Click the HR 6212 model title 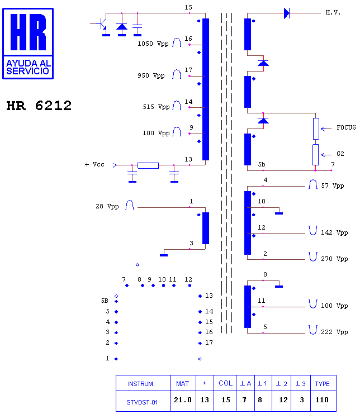click(x=39, y=106)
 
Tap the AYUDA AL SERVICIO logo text click(x=28, y=67)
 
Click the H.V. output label click(x=333, y=12)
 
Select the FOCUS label click(x=346, y=127)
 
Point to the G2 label click(x=340, y=154)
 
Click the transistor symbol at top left click(x=102, y=24)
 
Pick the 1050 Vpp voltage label click(x=153, y=44)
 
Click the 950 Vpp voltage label click(x=151, y=75)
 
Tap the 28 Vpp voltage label click(x=107, y=206)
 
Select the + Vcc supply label click(x=94, y=164)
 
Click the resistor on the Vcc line click(x=148, y=165)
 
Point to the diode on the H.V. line click(x=287, y=13)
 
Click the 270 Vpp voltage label click(x=334, y=259)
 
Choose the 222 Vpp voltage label click(x=334, y=332)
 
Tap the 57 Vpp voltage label click(x=333, y=185)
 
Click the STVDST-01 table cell click(x=142, y=402)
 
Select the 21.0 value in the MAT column click(x=183, y=399)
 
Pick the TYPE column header click(x=322, y=384)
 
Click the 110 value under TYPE click(x=322, y=399)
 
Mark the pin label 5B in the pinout click(x=105, y=301)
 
